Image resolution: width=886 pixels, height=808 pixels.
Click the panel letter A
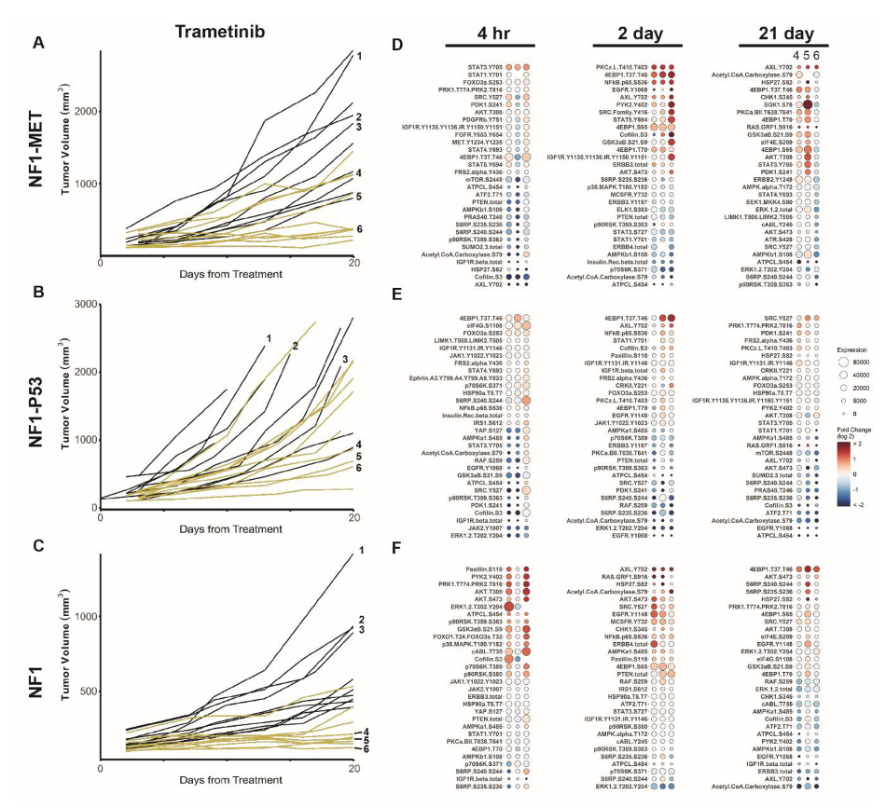pos(39,43)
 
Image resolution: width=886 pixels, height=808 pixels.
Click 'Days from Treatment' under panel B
pos(229,527)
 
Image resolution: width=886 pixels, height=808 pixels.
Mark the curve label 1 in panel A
pos(358,56)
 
